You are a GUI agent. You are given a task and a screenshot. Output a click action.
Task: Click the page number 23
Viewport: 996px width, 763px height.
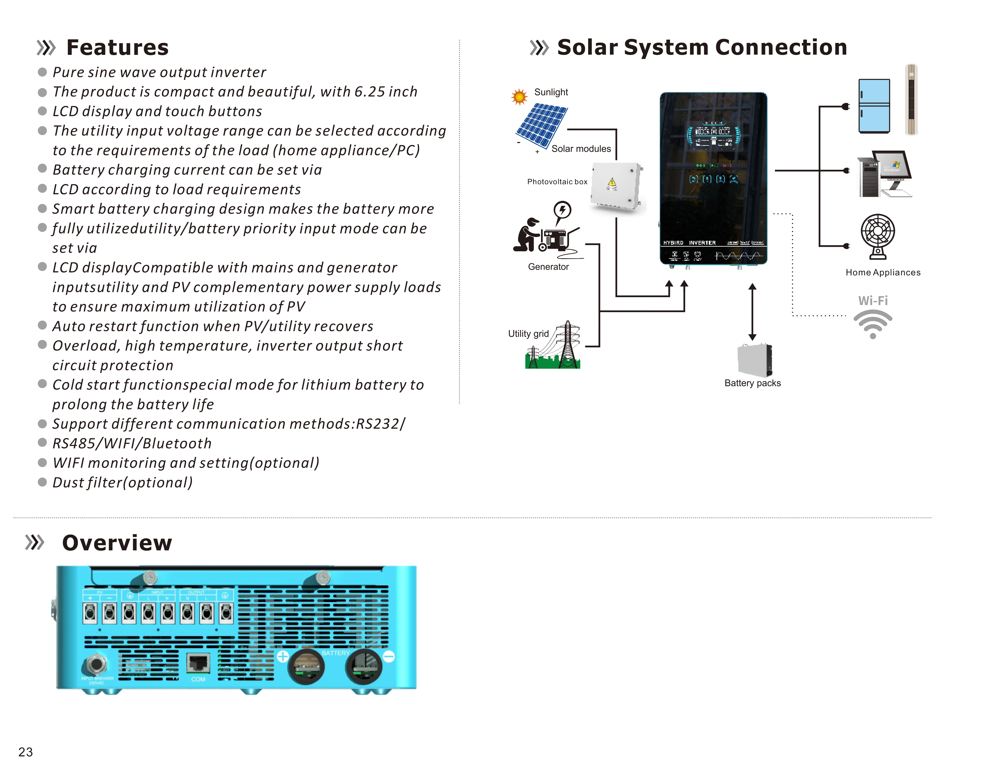pos(25,752)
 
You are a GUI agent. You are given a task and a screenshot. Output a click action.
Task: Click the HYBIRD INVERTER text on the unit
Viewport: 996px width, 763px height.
pos(689,243)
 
